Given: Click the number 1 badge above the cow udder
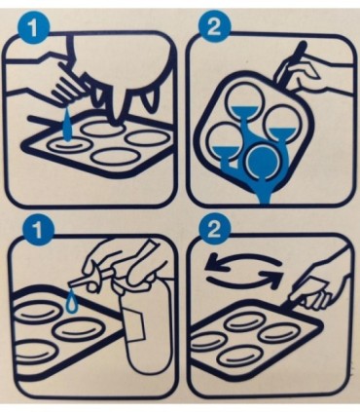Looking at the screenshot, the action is point(33,28).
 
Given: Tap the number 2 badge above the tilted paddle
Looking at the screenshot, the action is point(214,28).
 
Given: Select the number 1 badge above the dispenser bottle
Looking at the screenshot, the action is point(38,232).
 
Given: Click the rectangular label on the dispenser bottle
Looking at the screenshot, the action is point(131,323).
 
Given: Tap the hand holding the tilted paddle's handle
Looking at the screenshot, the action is point(300,76).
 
